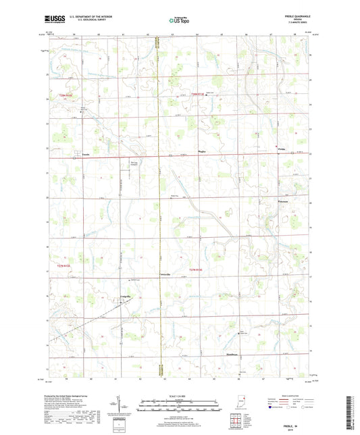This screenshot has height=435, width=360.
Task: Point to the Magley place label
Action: [201, 152]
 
